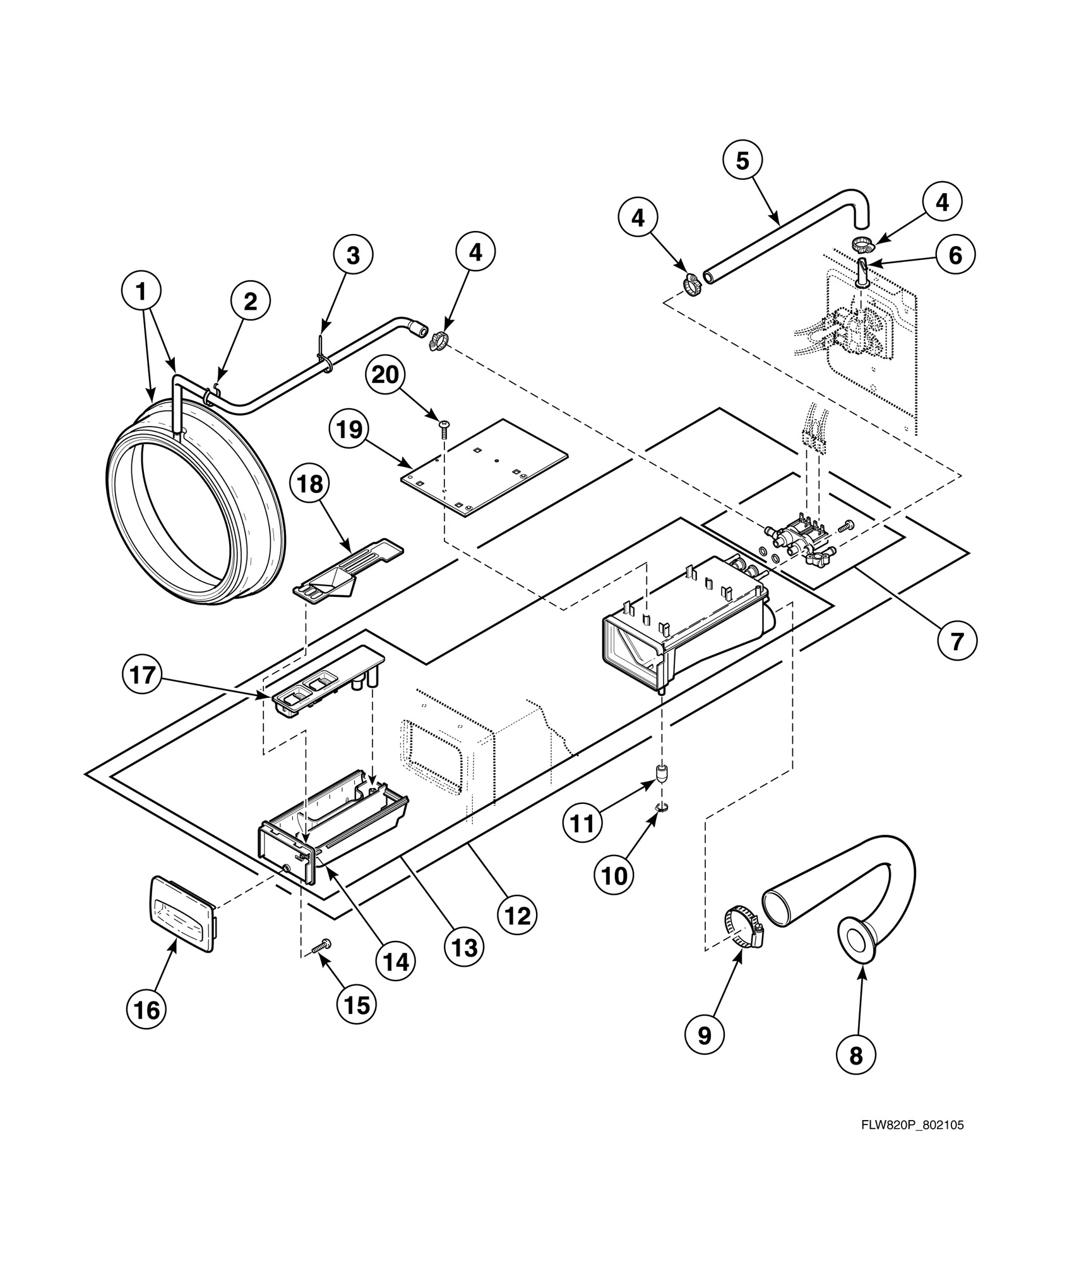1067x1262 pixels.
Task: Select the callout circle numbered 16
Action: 147,1010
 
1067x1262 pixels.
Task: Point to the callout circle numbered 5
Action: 742,161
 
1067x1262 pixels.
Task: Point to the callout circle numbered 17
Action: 141,675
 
